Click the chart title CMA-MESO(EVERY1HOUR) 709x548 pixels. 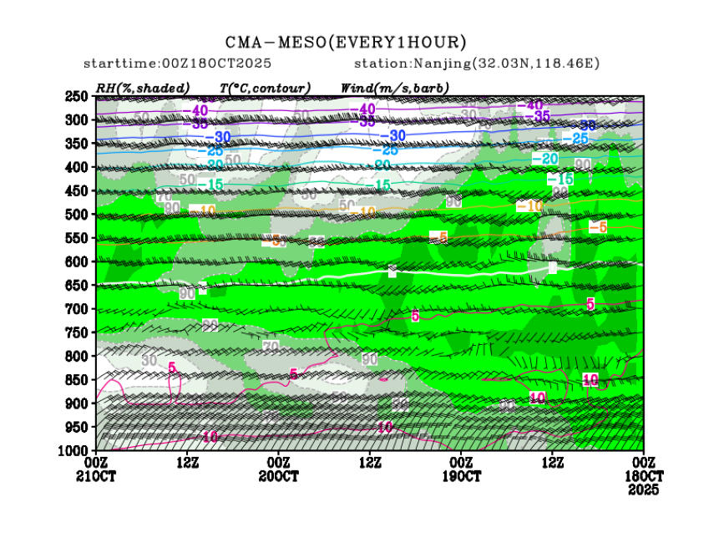tap(346, 43)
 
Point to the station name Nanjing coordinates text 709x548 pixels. tap(477, 63)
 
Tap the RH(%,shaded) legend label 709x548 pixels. tap(143, 88)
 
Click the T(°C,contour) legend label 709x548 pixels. tap(265, 88)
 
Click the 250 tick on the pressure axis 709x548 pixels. tap(78, 96)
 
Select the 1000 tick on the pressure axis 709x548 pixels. tap(75, 451)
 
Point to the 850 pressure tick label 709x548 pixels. tap(78, 380)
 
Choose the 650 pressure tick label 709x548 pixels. tap(78, 286)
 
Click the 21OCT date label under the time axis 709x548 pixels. tap(96, 476)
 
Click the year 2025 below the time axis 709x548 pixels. tap(643, 490)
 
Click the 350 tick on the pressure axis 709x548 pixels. tap(78, 144)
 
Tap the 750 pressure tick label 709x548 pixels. tap(78, 332)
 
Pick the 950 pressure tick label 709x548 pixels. tap(78, 428)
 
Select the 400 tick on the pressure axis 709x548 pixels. tap(78, 167)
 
